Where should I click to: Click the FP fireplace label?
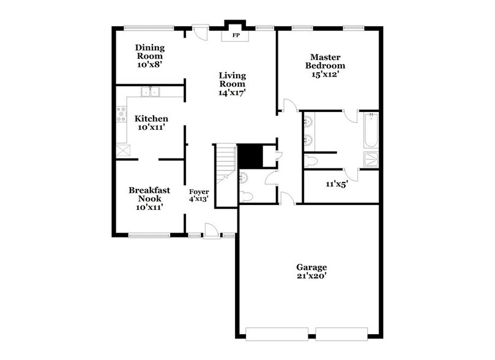[235, 36]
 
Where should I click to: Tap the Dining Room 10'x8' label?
[150, 55]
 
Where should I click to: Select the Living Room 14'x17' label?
[233, 84]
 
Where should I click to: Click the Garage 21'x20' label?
[311, 271]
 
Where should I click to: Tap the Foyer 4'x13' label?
[199, 196]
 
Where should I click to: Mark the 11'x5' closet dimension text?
[337, 184]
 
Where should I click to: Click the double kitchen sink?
[149, 92]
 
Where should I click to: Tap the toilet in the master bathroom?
[311, 161]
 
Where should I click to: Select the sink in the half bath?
[244, 178]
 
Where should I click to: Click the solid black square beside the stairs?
[249, 156]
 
